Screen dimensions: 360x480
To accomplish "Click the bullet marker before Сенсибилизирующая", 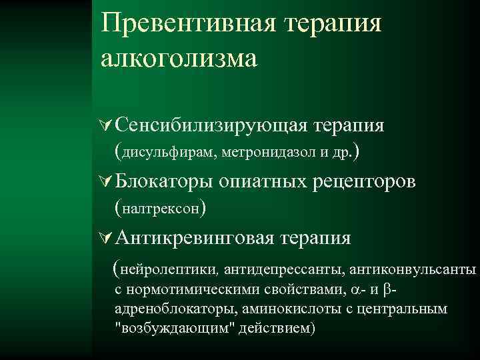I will click(x=104, y=125).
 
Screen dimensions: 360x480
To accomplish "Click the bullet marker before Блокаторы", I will click(x=104, y=181).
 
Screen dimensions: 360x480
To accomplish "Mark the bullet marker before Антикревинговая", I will click(x=104, y=238).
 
